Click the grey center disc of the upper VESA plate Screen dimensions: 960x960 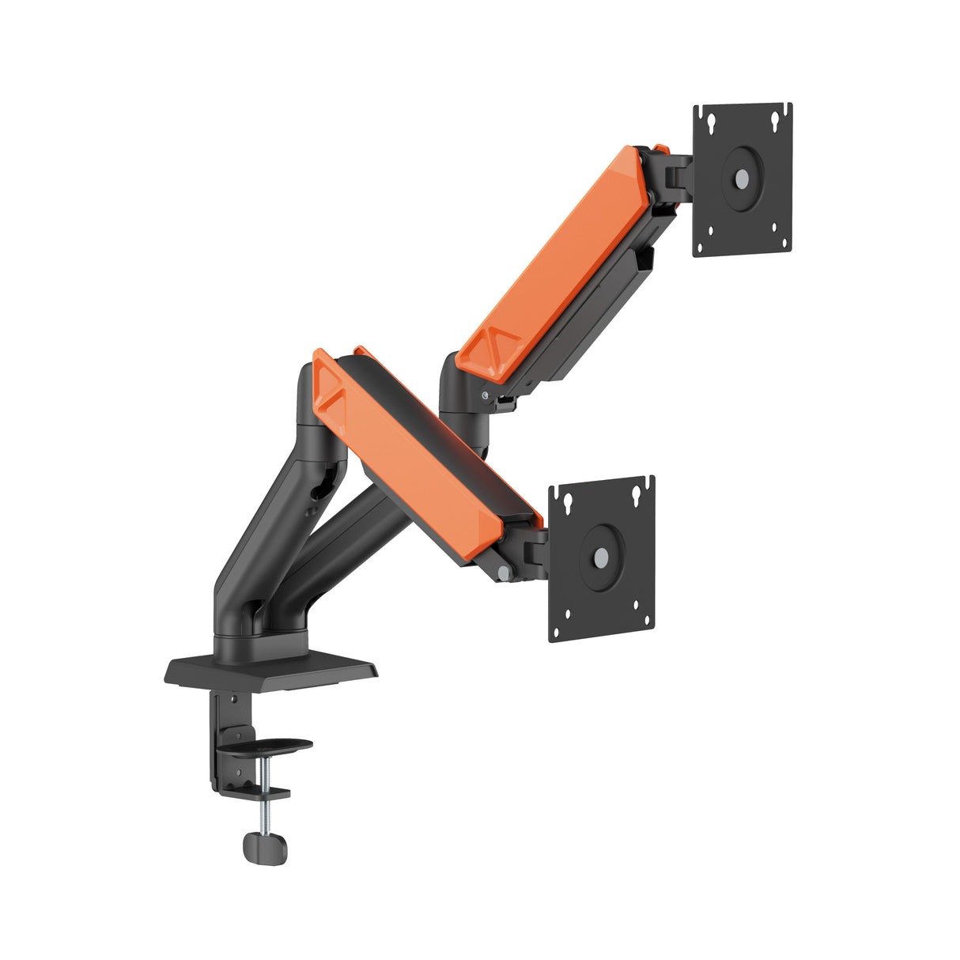tap(741, 179)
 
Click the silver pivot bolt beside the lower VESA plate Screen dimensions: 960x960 tap(504, 571)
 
